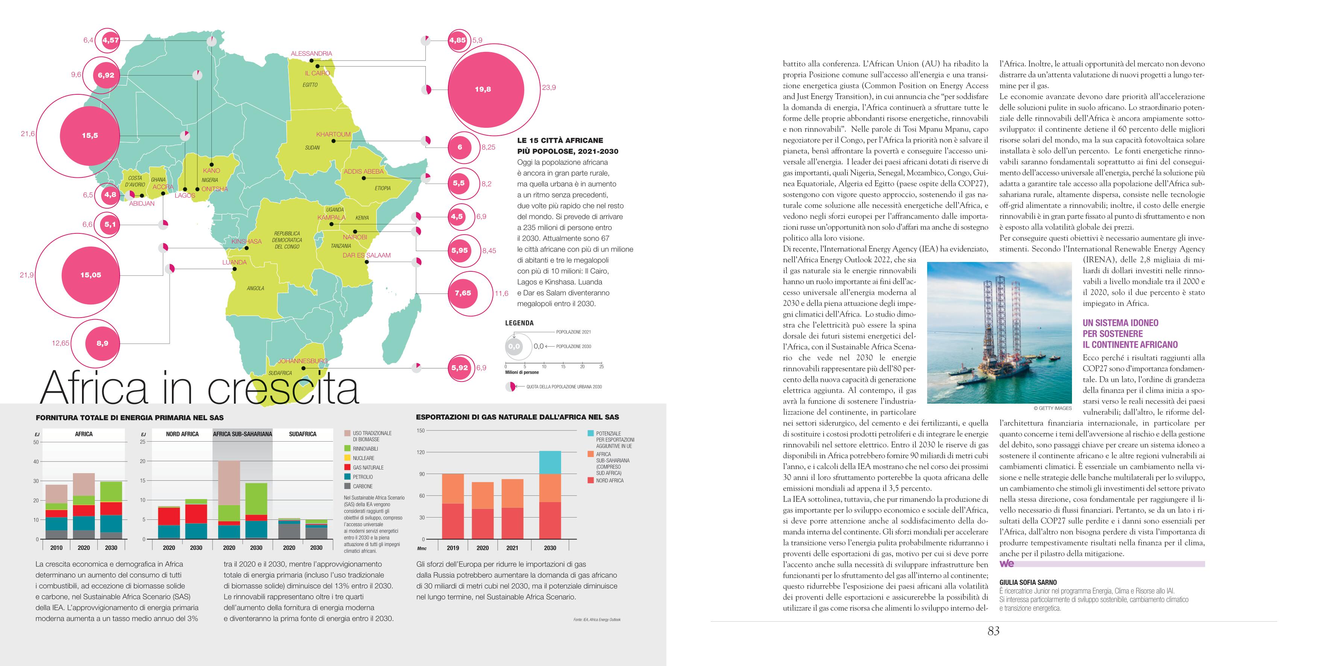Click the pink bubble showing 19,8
(x=483, y=89)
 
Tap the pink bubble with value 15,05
(x=91, y=275)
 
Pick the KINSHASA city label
(x=246, y=241)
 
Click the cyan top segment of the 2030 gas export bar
(x=550, y=462)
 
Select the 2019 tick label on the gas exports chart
(x=453, y=548)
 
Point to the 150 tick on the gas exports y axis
(x=421, y=430)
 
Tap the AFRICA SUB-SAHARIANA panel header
(x=242, y=434)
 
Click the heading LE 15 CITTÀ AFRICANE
(x=560, y=140)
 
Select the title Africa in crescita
(x=199, y=388)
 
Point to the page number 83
(x=993, y=631)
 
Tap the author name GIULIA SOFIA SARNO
(x=1028, y=582)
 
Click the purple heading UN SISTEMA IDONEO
(x=1120, y=322)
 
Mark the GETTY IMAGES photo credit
(x=1052, y=408)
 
